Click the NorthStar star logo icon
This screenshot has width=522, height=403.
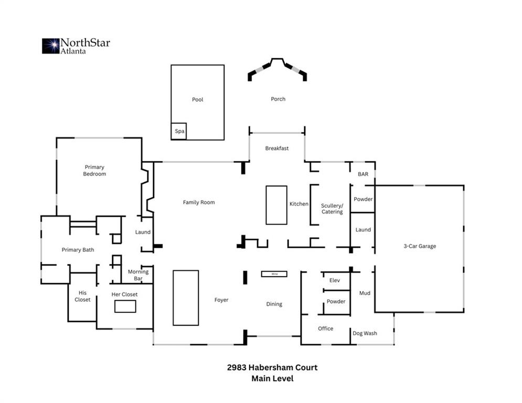(x=51, y=46)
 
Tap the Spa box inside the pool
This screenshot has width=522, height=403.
(x=179, y=131)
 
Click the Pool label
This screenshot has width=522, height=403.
(x=197, y=100)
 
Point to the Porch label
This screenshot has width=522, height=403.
(x=278, y=99)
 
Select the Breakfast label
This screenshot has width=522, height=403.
(x=276, y=149)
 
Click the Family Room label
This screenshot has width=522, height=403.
(x=199, y=202)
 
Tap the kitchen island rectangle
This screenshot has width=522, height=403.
(x=276, y=205)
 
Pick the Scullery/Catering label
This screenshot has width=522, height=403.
(x=332, y=209)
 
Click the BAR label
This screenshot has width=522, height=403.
(x=363, y=174)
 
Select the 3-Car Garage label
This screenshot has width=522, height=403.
(x=420, y=246)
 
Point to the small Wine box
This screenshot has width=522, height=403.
(x=274, y=274)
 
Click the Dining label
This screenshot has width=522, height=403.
(x=274, y=304)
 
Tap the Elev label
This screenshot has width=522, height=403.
(x=335, y=280)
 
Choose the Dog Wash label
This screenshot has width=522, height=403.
(x=365, y=333)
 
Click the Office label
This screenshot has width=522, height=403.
(x=325, y=328)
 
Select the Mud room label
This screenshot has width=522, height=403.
(x=365, y=293)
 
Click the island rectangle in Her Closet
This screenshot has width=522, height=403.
(x=125, y=306)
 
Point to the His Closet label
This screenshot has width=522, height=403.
(x=82, y=296)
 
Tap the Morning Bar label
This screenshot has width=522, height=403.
(x=138, y=275)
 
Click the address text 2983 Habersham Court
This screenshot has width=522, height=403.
(x=272, y=367)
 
